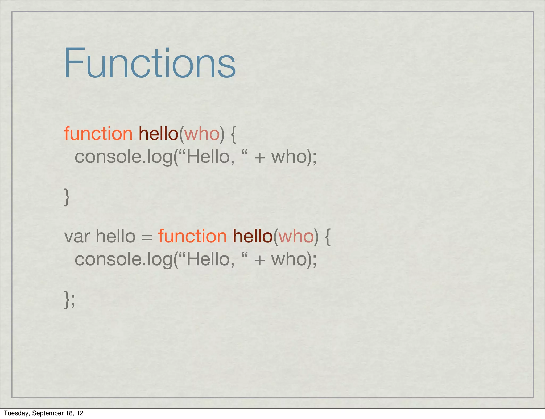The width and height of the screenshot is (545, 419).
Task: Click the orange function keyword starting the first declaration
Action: pos(98,133)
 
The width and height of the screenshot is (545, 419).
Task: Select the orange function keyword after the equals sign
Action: pos(192,236)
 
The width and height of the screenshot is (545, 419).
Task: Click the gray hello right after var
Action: pos(115,236)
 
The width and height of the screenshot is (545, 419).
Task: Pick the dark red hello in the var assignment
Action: pos(253,236)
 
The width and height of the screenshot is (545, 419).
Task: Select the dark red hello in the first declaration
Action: pos(159,133)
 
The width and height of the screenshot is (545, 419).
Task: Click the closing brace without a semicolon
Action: pos(67,197)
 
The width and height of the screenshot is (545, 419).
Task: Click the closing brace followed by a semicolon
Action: pos(67,300)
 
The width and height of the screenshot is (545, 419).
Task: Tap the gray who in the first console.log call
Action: pos(290,157)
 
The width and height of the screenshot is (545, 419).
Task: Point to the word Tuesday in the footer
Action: pos(16,413)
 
